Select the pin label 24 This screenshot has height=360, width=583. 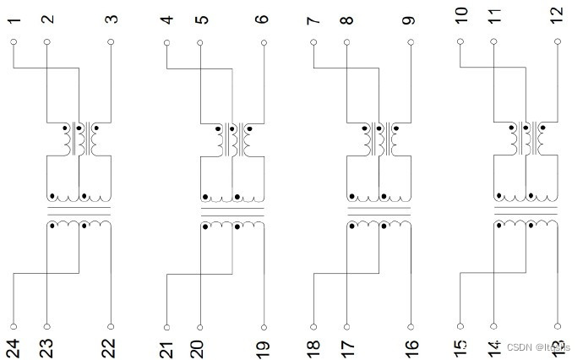[14, 346]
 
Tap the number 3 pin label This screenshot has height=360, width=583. [112, 18]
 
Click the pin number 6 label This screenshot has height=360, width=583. [263, 18]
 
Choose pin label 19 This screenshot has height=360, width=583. [263, 346]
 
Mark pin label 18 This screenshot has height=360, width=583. [313, 346]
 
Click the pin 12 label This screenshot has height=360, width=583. [556, 14]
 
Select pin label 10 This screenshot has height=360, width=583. [460, 14]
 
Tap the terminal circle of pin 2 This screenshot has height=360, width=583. [47, 41]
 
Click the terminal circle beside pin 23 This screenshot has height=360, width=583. [47, 326]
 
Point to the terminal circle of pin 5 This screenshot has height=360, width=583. [199, 41]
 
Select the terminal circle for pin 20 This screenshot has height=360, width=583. [199, 326]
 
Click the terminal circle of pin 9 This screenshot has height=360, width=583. [411, 41]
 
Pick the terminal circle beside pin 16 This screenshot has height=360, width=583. [411, 326]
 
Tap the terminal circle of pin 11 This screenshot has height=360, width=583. [493, 41]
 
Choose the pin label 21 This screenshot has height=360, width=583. [166, 346]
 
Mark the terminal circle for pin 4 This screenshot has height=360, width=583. [166, 41]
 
